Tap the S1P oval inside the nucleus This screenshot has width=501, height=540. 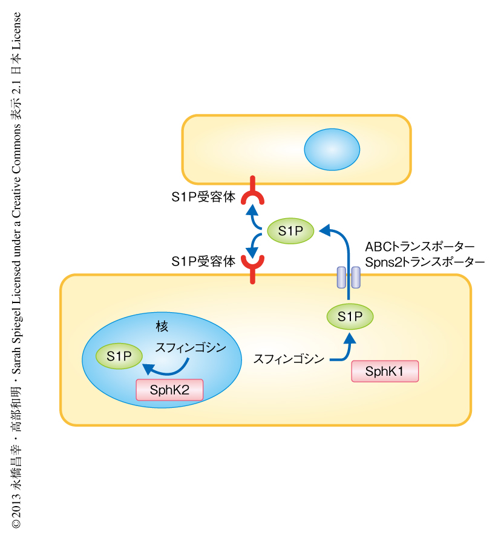pos(119,357)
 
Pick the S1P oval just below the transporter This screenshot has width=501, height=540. pos(350,316)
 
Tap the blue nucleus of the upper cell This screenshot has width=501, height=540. pos(332,149)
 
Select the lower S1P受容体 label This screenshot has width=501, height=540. pos(203,262)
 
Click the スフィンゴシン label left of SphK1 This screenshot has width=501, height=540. pos(289,358)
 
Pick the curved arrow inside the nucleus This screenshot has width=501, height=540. pos(166,367)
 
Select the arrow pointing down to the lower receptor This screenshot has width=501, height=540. pos(256,245)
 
